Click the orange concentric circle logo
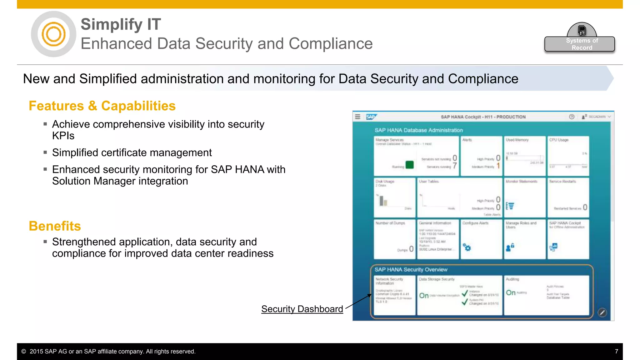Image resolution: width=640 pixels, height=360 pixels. tap(53, 34)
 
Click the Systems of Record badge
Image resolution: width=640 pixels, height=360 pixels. tap(579, 44)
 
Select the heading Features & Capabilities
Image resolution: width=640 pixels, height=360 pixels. tap(102, 106)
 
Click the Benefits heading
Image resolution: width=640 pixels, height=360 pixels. tap(55, 226)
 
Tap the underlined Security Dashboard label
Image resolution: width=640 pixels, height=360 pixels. tap(302, 309)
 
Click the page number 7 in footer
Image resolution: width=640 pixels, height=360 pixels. tap(616, 351)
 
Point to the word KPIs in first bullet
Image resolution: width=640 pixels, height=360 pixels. tap(63, 136)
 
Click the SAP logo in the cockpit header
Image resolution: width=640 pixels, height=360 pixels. tap(371, 117)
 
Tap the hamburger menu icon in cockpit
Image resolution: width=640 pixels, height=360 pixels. tap(358, 117)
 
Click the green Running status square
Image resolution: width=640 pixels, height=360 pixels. tap(409, 165)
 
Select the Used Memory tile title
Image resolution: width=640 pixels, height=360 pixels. tap(517, 140)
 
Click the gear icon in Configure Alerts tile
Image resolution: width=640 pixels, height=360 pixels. tap(467, 248)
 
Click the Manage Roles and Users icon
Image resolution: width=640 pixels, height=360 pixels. tap(510, 247)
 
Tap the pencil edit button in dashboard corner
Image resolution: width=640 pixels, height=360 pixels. tap(602, 312)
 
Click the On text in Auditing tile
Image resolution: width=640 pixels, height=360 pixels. tap(511, 293)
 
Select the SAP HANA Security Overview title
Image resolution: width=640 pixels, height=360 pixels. tap(411, 270)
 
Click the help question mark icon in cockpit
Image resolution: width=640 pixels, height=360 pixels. tap(572, 117)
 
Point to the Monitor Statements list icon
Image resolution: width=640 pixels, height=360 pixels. tap(510, 206)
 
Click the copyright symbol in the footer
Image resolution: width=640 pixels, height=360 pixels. tap(24, 352)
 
